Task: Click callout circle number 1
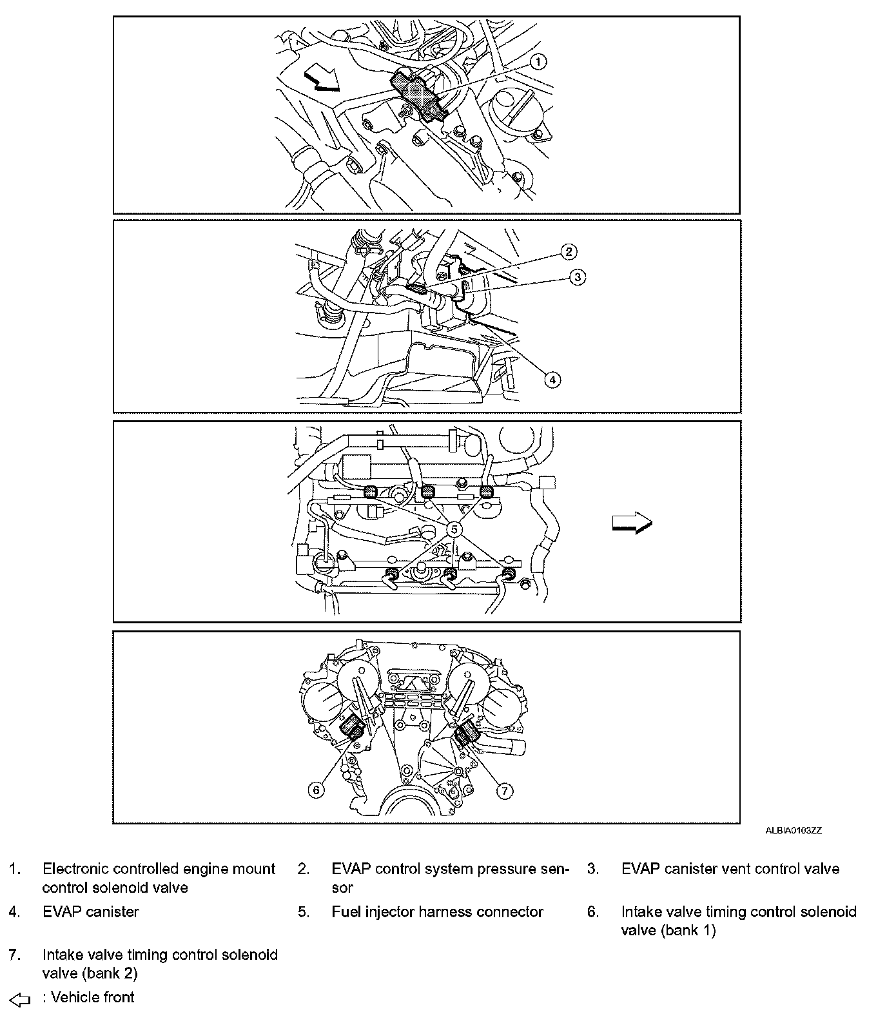tap(538, 61)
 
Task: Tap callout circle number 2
tap(569, 251)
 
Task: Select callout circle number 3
tap(578, 277)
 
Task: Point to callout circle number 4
tap(552, 380)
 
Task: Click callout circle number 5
tap(454, 529)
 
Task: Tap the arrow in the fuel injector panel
tap(632, 522)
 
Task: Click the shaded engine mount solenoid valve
tap(418, 94)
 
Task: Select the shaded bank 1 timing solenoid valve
tap(352, 729)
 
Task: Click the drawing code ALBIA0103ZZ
tap(793, 831)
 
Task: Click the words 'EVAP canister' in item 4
tap(91, 912)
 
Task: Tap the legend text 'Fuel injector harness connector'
tap(437, 912)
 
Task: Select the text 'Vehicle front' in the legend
tap(92, 998)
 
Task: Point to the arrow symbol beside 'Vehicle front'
tap(21, 1000)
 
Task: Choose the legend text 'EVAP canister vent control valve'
tap(730, 869)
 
